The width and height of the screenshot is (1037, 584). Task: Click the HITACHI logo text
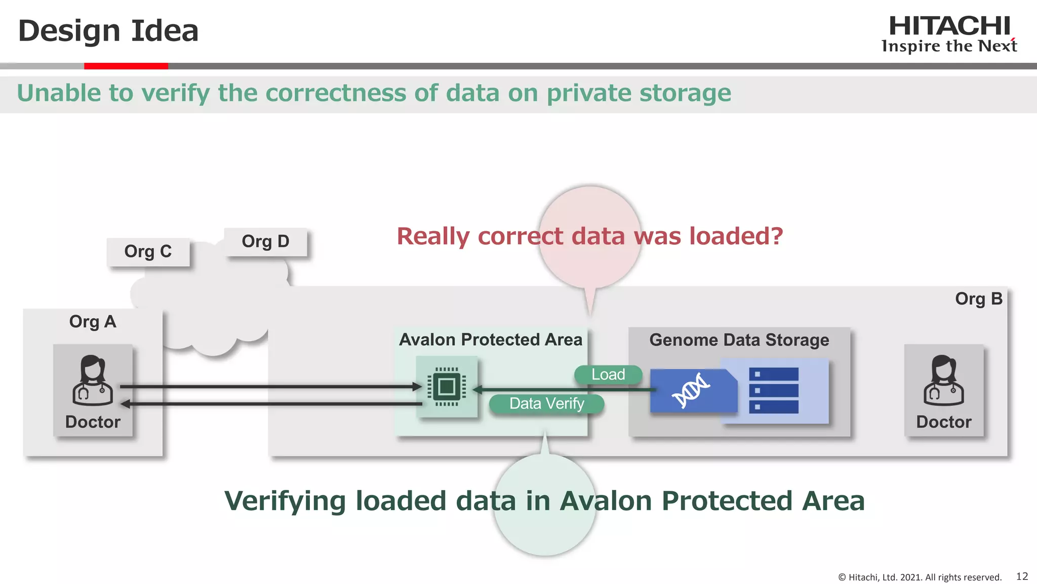(949, 26)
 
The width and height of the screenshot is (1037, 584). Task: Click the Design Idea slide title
(108, 31)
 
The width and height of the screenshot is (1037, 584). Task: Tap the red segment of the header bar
(126, 66)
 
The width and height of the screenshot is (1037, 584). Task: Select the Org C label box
(148, 251)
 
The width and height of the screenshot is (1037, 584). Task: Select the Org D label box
(265, 241)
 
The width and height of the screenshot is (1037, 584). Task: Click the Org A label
(93, 321)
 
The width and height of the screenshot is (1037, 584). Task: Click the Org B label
(978, 299)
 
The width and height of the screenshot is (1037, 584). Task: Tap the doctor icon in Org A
(93, 380)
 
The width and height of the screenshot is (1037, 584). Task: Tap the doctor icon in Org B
(943, 380)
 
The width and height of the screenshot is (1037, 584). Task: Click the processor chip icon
(447, 387)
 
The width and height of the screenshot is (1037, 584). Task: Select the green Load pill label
(608, 375)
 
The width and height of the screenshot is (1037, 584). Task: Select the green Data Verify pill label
(546, 404)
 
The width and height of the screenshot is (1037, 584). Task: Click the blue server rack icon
(773, 390)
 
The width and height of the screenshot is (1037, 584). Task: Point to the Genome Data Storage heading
(739, 340)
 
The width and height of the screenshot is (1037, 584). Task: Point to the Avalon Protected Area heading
(490, 339)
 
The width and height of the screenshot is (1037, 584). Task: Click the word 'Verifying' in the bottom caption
(285, 501)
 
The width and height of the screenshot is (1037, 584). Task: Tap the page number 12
(1022, 576)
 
